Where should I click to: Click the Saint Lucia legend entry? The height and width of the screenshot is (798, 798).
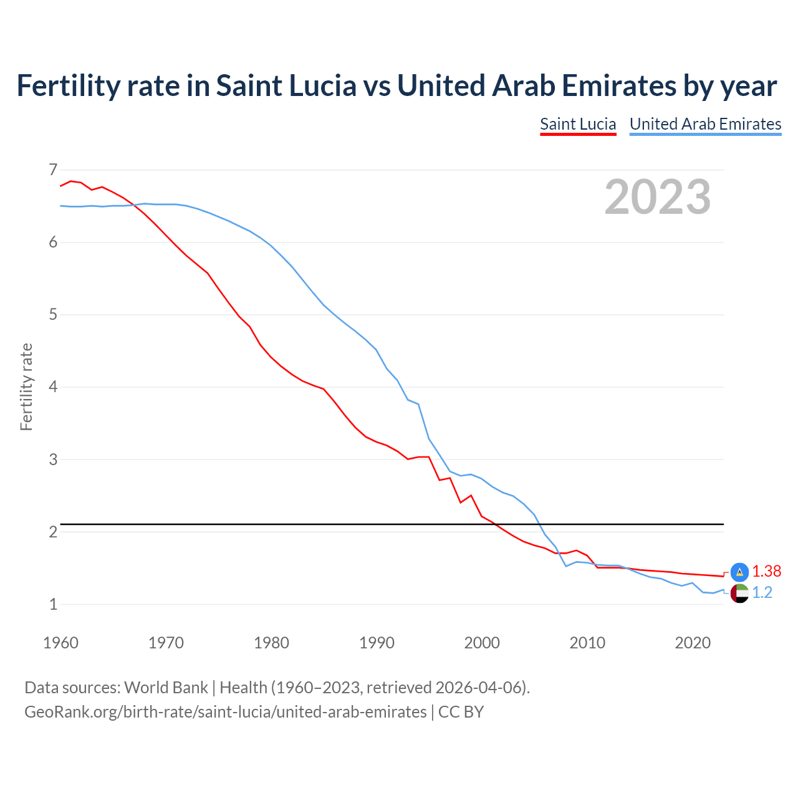click(578, 124)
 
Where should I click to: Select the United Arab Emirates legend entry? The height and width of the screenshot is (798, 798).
click(705, 124)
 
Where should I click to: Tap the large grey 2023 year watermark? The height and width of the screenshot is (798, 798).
click(658, 197)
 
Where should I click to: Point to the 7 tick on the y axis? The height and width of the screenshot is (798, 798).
click(53, 170)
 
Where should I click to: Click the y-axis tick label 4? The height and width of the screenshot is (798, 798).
click(53, 387)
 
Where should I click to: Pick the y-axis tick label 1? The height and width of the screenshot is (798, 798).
click(53, 604)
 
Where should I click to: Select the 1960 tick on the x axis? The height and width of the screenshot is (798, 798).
click(60, 643)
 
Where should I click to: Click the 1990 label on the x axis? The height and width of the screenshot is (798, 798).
click(377, 643)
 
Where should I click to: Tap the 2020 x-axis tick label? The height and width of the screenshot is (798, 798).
click(693, 643)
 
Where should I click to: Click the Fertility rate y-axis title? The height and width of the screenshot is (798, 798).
click(26, 387)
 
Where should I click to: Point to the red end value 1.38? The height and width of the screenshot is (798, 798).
click(766, 571)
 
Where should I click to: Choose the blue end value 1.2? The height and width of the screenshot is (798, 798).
click(762, 593)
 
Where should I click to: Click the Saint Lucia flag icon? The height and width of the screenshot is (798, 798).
click(739, 572)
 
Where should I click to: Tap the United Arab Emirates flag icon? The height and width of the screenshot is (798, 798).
click(739, 594)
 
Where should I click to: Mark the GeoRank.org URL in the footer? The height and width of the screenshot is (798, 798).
click(225, 711)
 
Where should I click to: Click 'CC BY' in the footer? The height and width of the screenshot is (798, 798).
click(461, 711)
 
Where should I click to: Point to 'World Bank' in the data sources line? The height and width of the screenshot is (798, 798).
click(166, 688)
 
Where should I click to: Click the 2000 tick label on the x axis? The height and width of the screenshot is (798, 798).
click(482, 643)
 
